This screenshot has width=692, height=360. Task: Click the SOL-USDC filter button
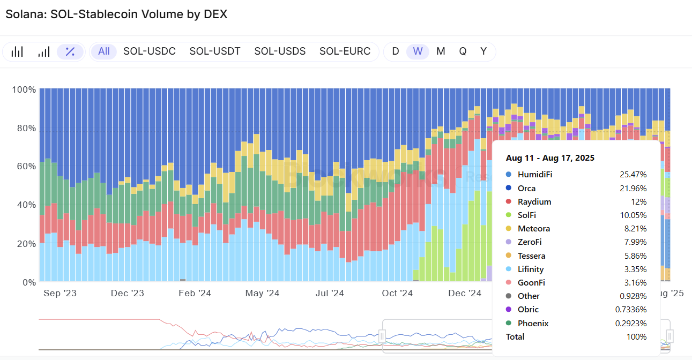pos(150,51)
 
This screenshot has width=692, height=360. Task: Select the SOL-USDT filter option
pos(215,51)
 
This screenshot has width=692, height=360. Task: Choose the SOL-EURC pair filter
pos(345,51)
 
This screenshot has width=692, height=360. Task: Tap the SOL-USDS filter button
pos(280,51)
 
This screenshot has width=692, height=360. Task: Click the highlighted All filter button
pos(104,51)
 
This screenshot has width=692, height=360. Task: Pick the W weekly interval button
pos(418,51)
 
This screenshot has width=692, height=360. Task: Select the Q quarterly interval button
pos(463,51)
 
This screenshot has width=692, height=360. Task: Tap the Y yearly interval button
pos(483,51)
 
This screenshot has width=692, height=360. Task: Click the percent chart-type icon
pos(70,52)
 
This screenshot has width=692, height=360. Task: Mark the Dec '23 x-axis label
pos(128,293)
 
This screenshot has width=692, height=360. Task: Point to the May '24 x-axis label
pos(262,293)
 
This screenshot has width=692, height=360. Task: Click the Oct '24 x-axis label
pos(397,293)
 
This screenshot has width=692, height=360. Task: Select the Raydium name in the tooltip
pos(534,202)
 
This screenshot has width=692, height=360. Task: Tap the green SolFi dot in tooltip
pos(508,215)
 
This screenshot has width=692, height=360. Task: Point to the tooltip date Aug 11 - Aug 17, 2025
pos(550,158)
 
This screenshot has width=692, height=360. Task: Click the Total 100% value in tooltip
pos(637,337)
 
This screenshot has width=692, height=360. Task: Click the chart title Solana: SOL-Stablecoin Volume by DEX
pos(116,14)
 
